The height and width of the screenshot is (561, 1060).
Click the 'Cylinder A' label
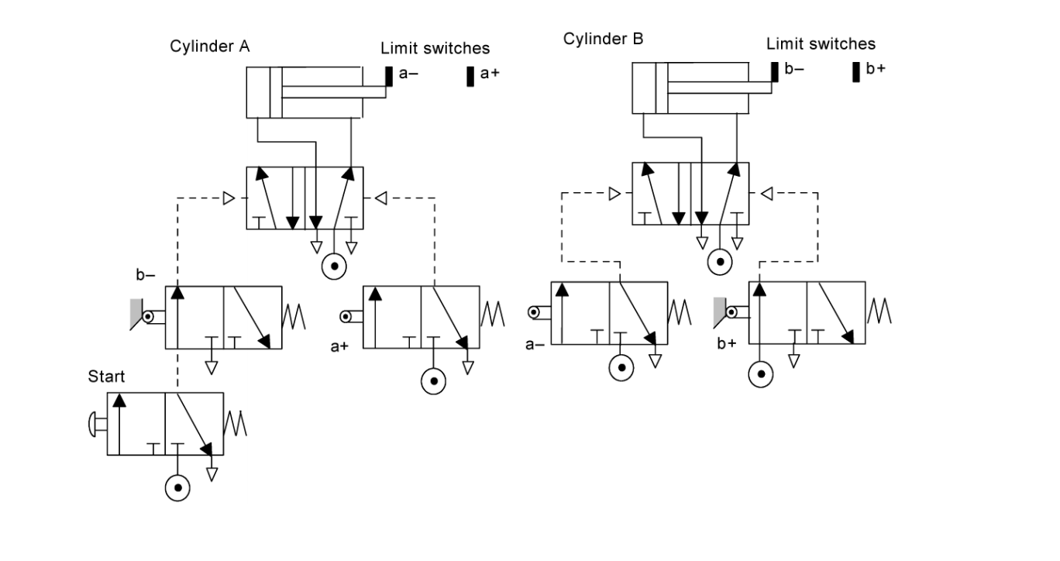coord(209,46)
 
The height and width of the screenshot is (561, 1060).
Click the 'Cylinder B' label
coord(603,40)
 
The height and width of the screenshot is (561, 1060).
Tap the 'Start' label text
coord(106,377)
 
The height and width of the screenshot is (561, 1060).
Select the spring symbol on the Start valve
coord(236,423)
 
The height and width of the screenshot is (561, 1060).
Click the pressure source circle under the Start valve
coord(177,487)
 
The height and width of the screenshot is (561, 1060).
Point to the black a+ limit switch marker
coord(470,76)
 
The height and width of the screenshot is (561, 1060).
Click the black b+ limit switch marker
coord(855,71)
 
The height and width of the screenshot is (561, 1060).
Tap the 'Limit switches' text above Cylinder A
coord(435,48)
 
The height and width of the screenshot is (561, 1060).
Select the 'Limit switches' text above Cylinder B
coord(821,43)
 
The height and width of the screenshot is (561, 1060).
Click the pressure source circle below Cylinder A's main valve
coord(333,265)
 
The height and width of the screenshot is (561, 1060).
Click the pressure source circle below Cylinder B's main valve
coord(720,262)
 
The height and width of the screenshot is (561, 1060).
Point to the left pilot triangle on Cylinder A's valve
coord(229,198)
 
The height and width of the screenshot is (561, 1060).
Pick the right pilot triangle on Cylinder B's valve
coord(766,193)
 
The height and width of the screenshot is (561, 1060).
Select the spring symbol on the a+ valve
coord(493,313)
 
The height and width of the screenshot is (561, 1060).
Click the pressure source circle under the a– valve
coord(621,367)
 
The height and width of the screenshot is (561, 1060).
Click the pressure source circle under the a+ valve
coord(433,380)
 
